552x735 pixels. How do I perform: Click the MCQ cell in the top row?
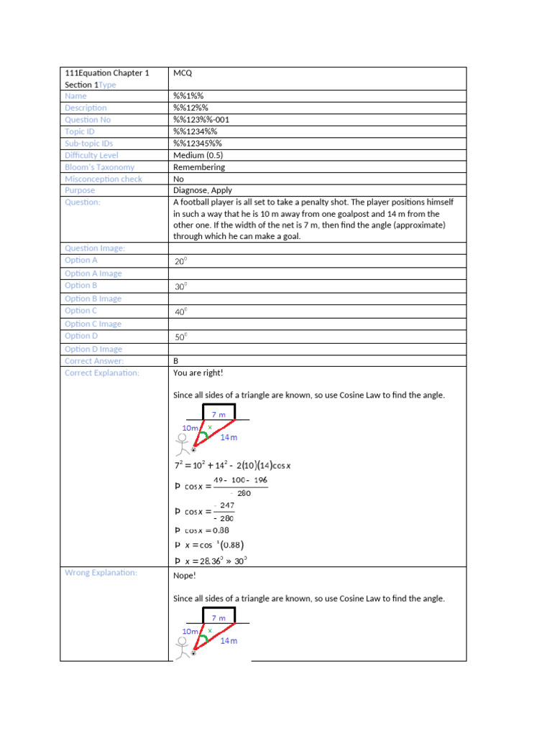click(x=183, y=73)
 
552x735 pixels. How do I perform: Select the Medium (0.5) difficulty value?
click(x=199, y=155)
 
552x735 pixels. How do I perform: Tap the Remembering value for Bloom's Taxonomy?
click(x=198, y=167)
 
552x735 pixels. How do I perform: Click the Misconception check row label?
click(x=103, y=179)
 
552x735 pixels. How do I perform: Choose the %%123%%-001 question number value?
click(x=201, y=120)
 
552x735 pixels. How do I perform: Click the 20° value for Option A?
click(x=180, y=261)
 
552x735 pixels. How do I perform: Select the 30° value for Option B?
click(x=180, y=286)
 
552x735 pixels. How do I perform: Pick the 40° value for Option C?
click(x=180, y=312)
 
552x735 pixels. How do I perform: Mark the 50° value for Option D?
click(x=180, y=337)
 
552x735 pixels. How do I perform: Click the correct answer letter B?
click(x=176, y=361)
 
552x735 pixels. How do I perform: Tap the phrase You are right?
click(x=198, y=373)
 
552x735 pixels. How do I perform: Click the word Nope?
click(x=185, y=576)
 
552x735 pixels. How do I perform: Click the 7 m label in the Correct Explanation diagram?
click(x=218, y=414)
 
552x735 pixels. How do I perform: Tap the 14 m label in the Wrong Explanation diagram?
click(x=229, y=640)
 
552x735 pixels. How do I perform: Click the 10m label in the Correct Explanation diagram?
click(x=190, y=427)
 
